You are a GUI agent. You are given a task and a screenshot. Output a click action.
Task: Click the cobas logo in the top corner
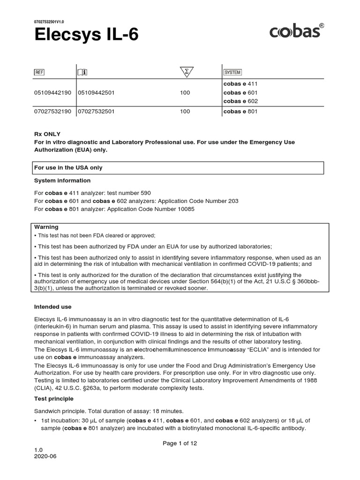tap(296, 31)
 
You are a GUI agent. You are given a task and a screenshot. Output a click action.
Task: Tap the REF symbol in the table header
tap(39, 72)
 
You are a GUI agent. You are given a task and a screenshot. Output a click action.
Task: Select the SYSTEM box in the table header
tap(232, 72)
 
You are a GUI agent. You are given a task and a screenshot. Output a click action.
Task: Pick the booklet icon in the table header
tap(82, 72)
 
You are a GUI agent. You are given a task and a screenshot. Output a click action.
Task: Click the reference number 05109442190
tap(52, 93)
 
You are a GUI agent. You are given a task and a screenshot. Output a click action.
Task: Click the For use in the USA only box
tap(178, 168)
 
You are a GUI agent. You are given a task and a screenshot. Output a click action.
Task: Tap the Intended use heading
tap(53, 307)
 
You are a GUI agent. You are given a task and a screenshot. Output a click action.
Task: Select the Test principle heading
tap(54, 399)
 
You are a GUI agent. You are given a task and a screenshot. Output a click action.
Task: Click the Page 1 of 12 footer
tap(180, 443)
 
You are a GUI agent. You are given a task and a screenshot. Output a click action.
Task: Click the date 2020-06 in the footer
tap(44, 455)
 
